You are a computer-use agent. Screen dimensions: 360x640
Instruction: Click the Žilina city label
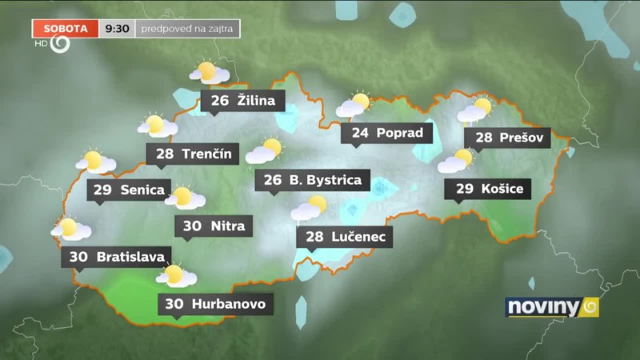(255, 101)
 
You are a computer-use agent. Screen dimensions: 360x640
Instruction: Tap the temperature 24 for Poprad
(360, 133)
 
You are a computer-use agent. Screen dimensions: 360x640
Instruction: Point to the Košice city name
(502, 189)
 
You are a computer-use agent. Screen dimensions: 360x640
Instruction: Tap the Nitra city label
(228, 226)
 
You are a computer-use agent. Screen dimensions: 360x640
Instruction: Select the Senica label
(142, 190)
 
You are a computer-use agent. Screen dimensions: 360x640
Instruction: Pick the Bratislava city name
(130, 257)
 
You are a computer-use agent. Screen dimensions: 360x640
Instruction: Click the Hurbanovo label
(228, 304)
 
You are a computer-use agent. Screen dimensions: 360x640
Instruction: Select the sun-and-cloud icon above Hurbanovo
(176, 276)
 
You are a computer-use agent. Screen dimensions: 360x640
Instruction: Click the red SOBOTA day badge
(66, 28)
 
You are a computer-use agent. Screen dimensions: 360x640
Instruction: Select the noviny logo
(552, 307)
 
